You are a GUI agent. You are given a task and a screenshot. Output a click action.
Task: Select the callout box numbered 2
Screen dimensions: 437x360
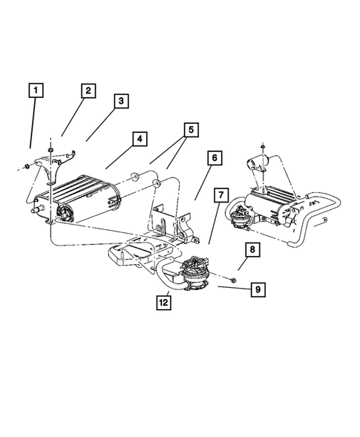pyautogui.click(x=88, y=91)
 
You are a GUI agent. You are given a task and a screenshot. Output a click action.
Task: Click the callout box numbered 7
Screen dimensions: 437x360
pyautogui.click(x=220, y=196)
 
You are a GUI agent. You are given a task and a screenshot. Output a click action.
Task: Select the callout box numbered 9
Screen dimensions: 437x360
pyautogui.click(x=258, y=289)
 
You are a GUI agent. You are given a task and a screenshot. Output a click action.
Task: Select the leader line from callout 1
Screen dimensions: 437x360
pyautogui.click(x=33, y=126)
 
